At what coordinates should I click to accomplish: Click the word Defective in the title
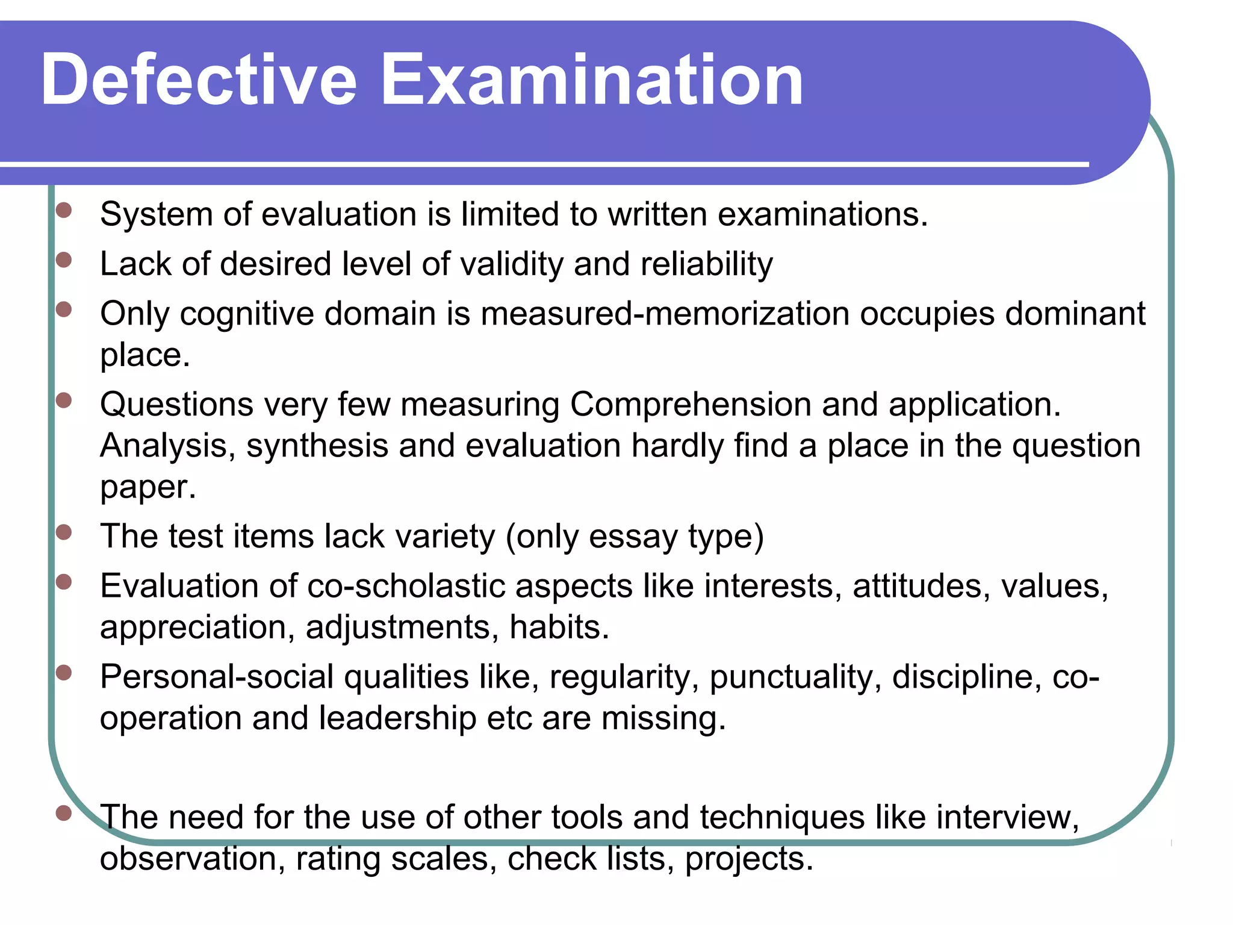click(x=199, y=79)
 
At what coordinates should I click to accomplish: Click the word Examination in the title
click(x=592, y=79)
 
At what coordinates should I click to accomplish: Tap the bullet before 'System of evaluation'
click(x=64, y=210)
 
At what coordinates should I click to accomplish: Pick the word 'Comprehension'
click(x=690, y=404)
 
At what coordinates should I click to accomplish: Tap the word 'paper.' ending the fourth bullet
click(x=148, y=487)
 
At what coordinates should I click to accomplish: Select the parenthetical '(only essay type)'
click(x=635, y=537)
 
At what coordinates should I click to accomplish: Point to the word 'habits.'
click(x=559, y=627)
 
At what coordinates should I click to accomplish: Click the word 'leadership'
click(x=397, y=718)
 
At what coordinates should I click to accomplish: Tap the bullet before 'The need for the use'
click(x=64, y=814)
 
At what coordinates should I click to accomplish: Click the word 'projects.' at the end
click(x=749, y=859)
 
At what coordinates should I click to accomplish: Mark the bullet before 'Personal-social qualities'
click(x=64, y=673)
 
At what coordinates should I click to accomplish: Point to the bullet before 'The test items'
click(x=64, y=532)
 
